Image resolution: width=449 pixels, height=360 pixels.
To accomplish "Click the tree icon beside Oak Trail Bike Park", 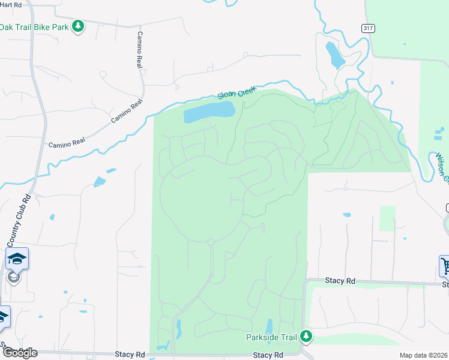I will pyautogui.click(x=77, y=26).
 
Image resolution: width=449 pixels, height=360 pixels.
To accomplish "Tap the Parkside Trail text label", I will pyautogui.click(x=272, y=337).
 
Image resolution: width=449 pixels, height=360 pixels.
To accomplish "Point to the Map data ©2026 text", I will pyautogui.click(x=424, y=355).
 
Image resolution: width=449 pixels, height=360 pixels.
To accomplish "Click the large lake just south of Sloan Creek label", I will pyautogui.click(x=209, y=111).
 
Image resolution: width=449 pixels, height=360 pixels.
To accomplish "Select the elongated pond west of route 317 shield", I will pyautogui.click(x=333, y=55).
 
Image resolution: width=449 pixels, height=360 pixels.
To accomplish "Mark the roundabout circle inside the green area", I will pyautogui.click(x=211, y=242).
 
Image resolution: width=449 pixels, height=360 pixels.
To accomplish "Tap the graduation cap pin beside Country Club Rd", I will pyautogui.click(x=17, y=259).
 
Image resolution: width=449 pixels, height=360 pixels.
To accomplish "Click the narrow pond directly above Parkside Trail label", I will pyautogui.click(x=269, y=325).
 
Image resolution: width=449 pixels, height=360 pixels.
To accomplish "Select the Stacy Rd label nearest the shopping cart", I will pyautogui.click(x=340, y=280).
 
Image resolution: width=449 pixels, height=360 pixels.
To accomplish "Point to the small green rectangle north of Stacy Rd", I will pyautogui.click(x=388, y=218).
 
